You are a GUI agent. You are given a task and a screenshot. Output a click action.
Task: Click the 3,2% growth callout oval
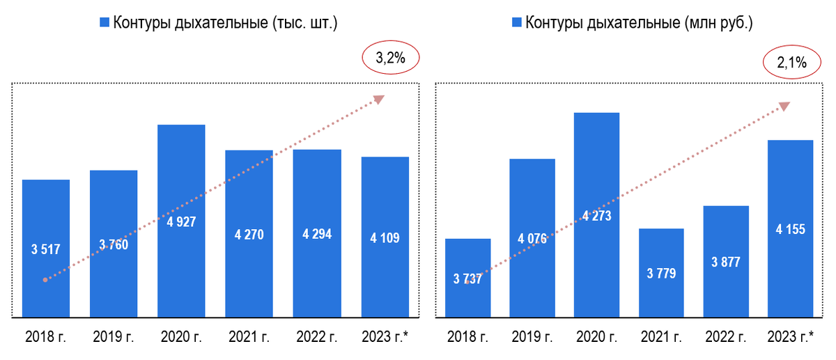[x=390, y=59]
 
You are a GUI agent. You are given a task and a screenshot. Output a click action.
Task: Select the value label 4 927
[x=181, y=222]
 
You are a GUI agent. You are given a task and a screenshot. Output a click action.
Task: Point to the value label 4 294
[x=317, y=234]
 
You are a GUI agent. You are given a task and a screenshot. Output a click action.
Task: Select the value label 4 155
[x=791, y=228]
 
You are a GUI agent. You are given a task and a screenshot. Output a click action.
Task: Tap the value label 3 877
[x=726, y=263]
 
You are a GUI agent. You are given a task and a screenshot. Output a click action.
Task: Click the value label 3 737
[x=467, y=279]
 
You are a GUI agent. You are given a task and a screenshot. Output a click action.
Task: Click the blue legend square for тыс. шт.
[x=104, y=23]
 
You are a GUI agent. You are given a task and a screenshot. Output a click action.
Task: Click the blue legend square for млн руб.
[x=516, y=23]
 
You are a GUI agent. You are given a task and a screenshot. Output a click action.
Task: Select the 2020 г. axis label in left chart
[x=181, y=337]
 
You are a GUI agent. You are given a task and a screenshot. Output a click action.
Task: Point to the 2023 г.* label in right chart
[x=791, y=337]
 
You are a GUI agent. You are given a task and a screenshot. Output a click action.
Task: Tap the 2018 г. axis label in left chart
[x=46, y=337]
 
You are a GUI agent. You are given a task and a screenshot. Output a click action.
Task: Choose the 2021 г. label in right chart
[x=661, y=337]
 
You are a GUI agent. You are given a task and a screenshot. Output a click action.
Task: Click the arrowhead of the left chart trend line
[x=378, y=99]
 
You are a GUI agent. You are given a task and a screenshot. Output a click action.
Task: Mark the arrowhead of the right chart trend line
[x=784, y=106]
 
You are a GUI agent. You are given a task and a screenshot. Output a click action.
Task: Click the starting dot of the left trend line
[x=45, y=280]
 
